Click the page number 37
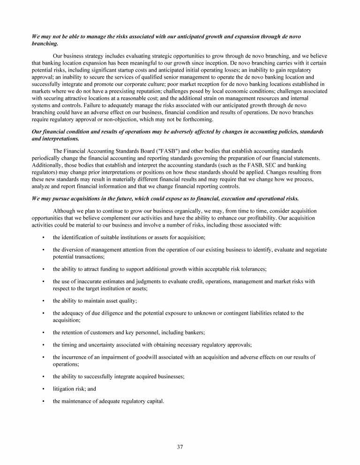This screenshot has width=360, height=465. coord(180,447)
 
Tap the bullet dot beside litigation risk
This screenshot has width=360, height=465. coord(43,389)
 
